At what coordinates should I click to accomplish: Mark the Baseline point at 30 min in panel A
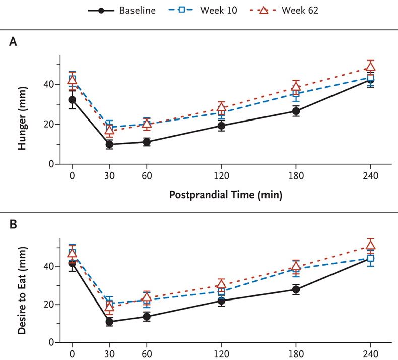(109, 145)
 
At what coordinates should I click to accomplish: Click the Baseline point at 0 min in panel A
(72, 100)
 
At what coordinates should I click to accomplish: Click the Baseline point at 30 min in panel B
(109, 321)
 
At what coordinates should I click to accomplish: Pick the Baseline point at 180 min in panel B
(296, 289)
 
